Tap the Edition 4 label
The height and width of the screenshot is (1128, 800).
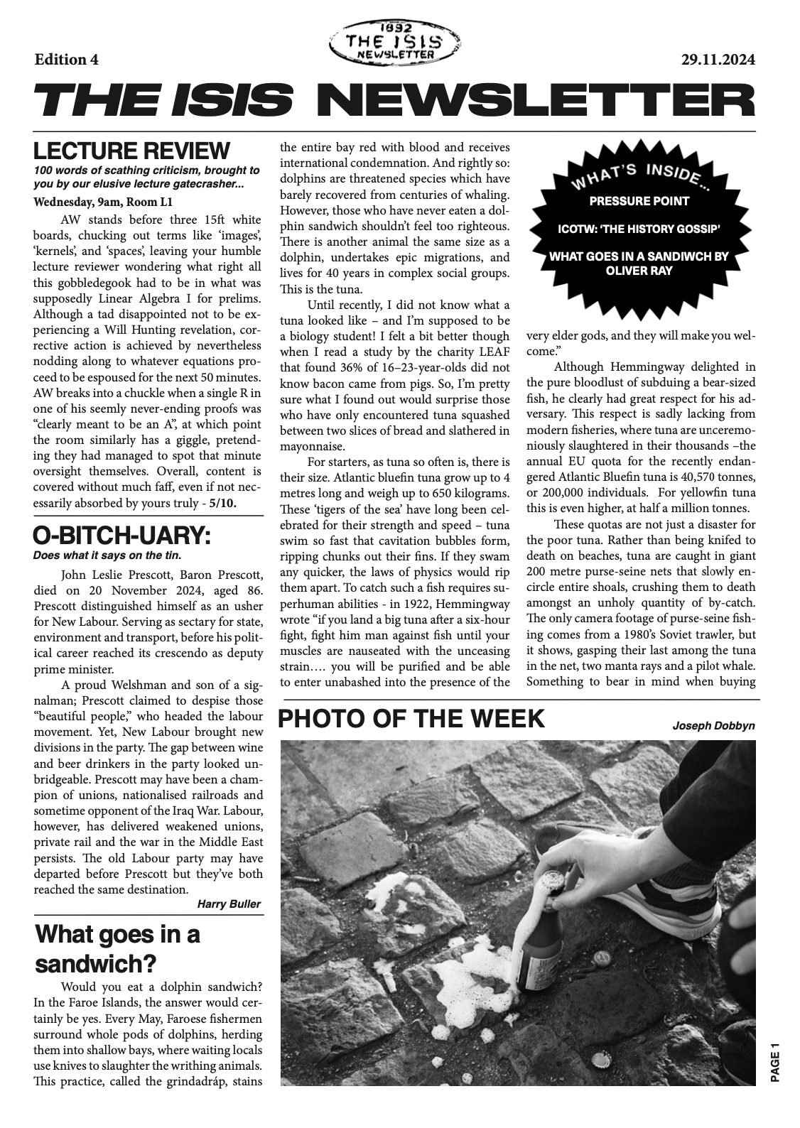tap(66, 60)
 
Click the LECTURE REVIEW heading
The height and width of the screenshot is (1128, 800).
tap(132, 151)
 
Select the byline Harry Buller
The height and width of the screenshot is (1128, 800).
tap(229, 904)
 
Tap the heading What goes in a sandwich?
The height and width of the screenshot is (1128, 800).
tap(117, 948)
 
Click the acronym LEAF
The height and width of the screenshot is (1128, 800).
tap(492, 352)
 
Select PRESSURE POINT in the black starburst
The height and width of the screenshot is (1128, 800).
tap(639, 201)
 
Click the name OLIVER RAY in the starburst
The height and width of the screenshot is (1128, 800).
tap(639, 271)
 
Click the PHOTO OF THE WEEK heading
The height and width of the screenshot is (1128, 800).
tap(411, 719)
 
